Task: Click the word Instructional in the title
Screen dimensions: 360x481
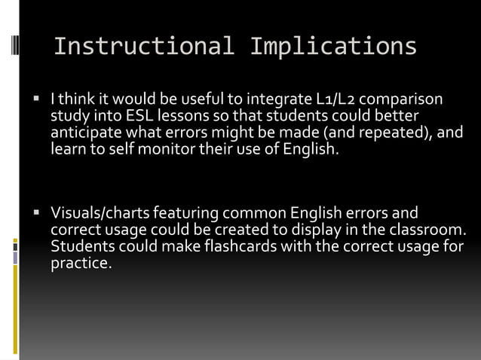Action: (143, 47)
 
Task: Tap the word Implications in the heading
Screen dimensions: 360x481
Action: (332, 47)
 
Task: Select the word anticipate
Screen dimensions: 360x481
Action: (84, 133)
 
